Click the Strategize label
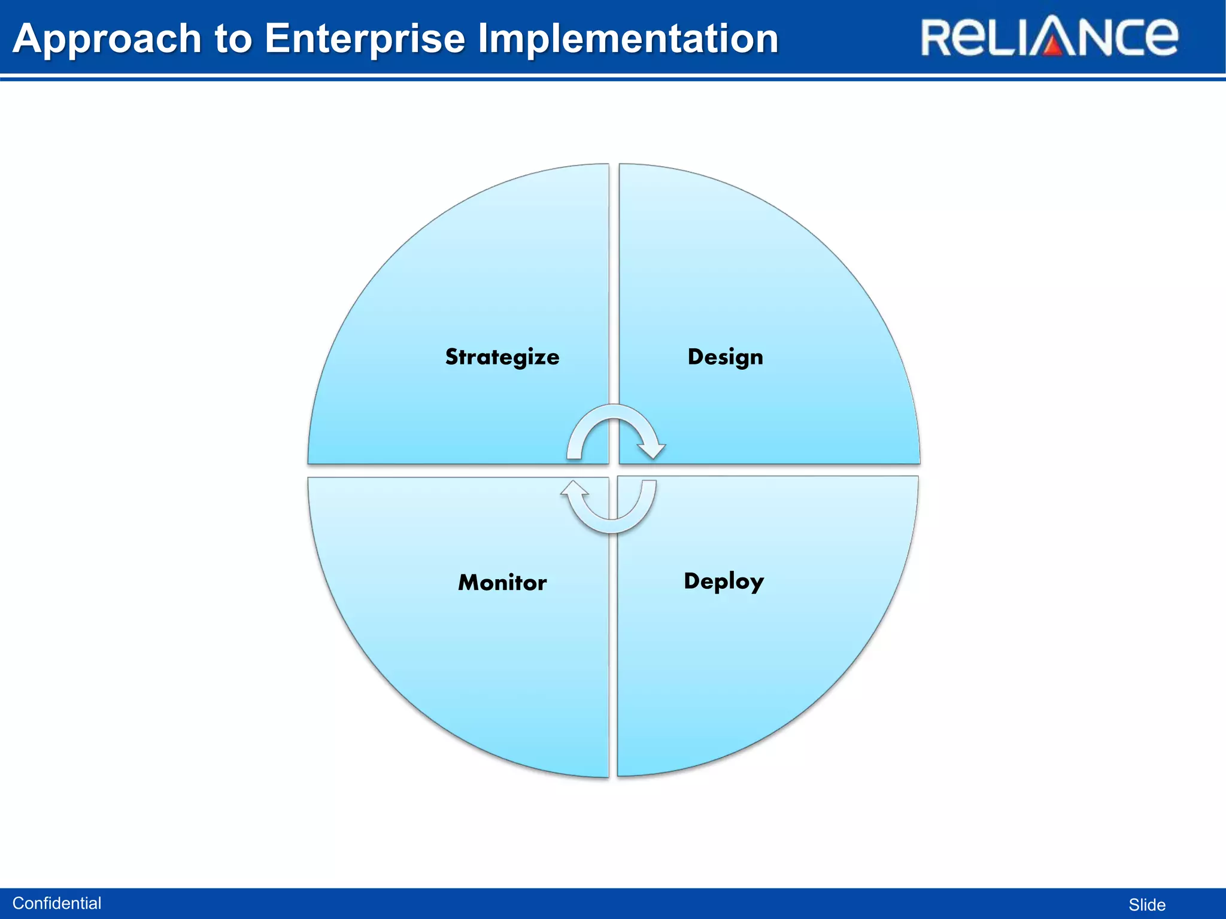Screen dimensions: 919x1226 pos(502,357)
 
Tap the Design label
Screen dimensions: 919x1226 pos(725,357)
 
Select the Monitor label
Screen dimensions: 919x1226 pos(502,583)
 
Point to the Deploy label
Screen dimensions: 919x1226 pos(724,582)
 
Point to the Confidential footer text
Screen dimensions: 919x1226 pos(57,903)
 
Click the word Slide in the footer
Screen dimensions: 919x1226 pos(1147,905)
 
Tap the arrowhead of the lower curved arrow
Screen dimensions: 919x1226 pos(574,489)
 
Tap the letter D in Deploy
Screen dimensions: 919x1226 pos(692,580)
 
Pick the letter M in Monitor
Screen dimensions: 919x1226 pos(470,583)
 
